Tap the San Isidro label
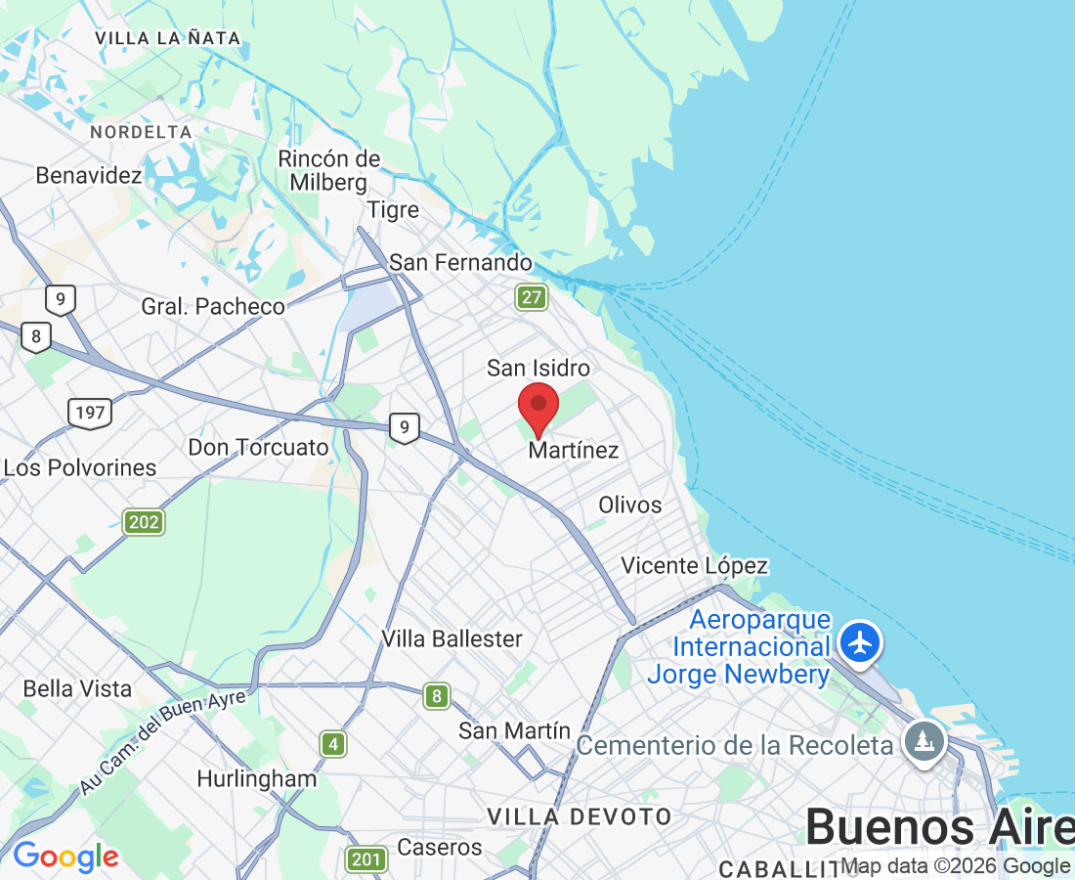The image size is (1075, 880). pos(538,368)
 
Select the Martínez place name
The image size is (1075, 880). pos(574,450)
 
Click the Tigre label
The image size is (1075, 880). pos(393,210)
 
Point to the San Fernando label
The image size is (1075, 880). pos(460,262)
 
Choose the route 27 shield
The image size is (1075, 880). pos(532,297)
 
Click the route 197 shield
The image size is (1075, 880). pos(89,413)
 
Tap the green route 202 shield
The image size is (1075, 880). pos(144,522)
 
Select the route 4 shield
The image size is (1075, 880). pos(334,744)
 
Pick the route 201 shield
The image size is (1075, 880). pos(365,859)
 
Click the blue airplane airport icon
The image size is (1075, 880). pos(860,643)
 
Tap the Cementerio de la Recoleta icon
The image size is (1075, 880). pos(924,741)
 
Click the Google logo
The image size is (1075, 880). pos(65,857)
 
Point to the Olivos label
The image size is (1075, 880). pos(630,505)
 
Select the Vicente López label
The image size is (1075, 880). pos(694,565)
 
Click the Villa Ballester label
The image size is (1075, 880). pos(451,638)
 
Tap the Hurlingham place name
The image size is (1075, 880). pos(256,778)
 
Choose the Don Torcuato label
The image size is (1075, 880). pos(258,448)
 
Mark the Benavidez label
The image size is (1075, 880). pos(89,175)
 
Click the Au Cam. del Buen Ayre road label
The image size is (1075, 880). pos(162,740)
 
